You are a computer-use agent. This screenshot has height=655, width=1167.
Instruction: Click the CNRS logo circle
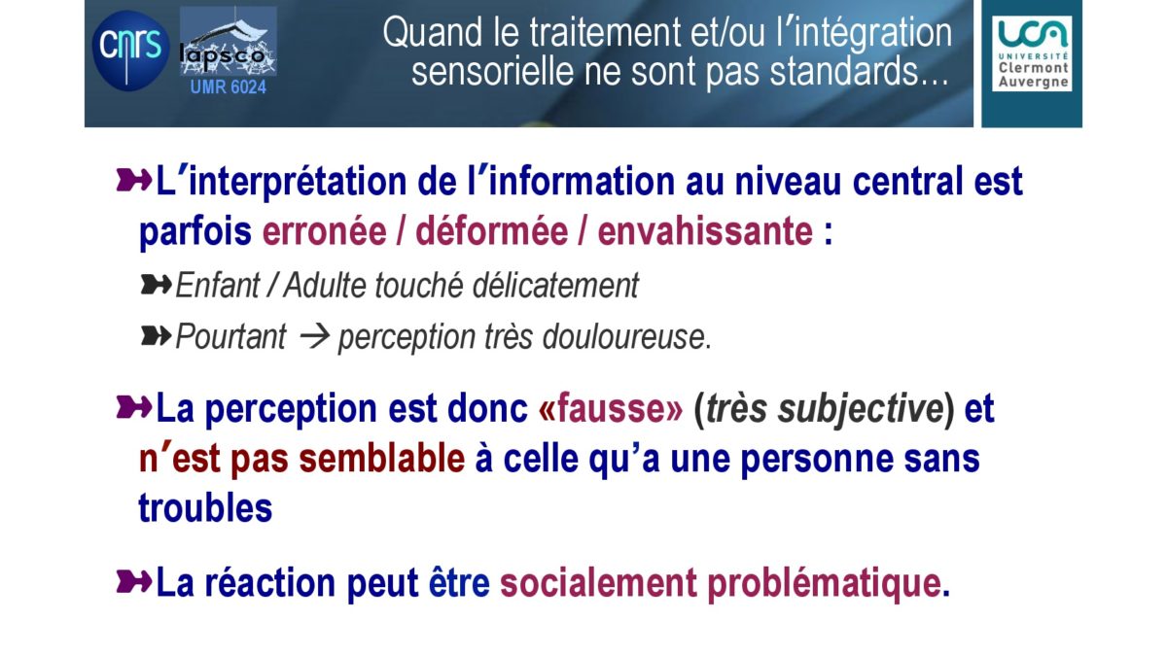click(130, 51)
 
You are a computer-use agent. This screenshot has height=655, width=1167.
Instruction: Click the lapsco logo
click(229, 41)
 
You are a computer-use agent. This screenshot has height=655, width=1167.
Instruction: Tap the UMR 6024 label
click(229, 86)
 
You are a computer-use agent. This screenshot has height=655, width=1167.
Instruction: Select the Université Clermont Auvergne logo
click(1032, 53)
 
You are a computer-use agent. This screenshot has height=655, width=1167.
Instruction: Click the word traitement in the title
click(605, 32)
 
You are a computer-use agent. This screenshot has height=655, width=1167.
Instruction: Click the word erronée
click(324, 231)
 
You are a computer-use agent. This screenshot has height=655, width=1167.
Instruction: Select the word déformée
click(491, 231)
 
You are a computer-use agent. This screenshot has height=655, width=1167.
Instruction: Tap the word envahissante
click(705, 231)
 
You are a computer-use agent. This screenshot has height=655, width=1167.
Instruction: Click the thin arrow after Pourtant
click(315, 337)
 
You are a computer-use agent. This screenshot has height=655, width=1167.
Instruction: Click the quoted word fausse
click(611, 408)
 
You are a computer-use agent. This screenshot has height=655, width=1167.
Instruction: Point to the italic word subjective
click(860, 409)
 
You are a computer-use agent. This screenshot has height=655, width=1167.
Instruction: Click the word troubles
click(205, 507)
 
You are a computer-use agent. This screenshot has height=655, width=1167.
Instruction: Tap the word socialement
click(598, 583)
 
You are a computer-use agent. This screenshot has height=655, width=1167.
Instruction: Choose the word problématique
click(824, 584)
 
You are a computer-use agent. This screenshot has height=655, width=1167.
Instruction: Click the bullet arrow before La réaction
click(134, 582)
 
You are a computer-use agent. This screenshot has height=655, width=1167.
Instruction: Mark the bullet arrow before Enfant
click(156, 285)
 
